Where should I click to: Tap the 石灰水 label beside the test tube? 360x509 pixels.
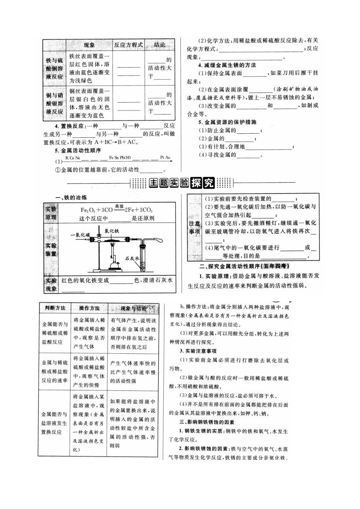[x=133, y=259]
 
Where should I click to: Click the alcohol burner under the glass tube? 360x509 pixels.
[x=113, y=262]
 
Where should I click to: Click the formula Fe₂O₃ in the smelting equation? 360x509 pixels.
[x=87, y=210]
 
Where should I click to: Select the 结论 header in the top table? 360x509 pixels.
[x=160, y=45]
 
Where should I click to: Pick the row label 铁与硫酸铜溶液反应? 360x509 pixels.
[x=54, y=68]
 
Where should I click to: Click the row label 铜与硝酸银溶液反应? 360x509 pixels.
[x=54, y=103]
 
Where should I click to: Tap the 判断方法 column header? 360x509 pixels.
[x=55, y=308]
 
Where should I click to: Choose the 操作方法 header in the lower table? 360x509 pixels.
[x=89, y=308]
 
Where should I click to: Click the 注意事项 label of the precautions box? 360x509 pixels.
[x=194, y=227]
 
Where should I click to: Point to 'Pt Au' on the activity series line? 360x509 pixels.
[x=165, y=157]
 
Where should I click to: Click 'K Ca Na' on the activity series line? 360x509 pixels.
[x=72, y=157]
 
